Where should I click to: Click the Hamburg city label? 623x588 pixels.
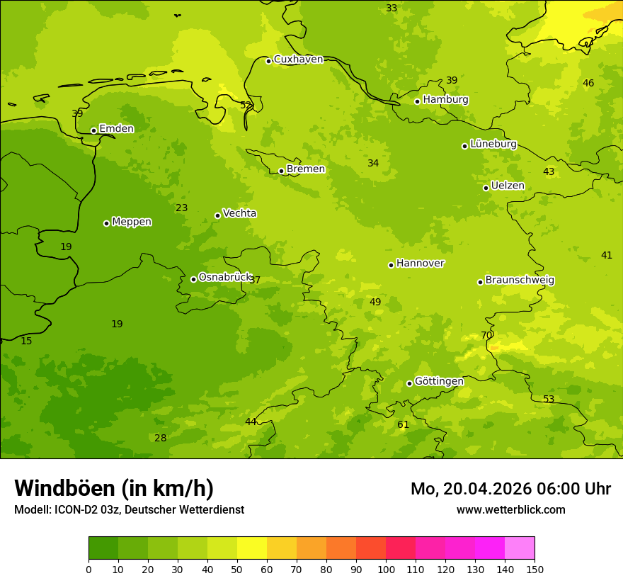445,100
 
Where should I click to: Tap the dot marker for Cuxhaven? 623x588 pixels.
269,61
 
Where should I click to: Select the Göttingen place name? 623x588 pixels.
439,381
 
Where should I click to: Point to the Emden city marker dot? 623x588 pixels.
93,130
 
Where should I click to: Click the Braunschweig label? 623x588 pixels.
520,281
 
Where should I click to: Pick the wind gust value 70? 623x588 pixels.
486,335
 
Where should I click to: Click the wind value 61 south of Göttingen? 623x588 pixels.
403,425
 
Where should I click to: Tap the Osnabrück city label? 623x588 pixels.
225,277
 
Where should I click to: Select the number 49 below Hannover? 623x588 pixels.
375,302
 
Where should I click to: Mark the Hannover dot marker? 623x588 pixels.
391,265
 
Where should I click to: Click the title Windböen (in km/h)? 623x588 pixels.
114,488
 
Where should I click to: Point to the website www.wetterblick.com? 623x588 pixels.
510,509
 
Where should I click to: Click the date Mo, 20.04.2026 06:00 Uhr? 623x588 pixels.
510,489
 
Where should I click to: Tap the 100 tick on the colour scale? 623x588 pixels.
386,569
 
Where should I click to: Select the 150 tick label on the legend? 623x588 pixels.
535,569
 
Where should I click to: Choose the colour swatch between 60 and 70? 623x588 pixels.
282,548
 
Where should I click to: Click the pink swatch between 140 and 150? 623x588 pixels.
520,548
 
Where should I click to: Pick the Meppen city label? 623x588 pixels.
132,222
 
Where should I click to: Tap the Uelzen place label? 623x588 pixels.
508,186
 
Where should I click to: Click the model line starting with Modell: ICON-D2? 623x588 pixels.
129,509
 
